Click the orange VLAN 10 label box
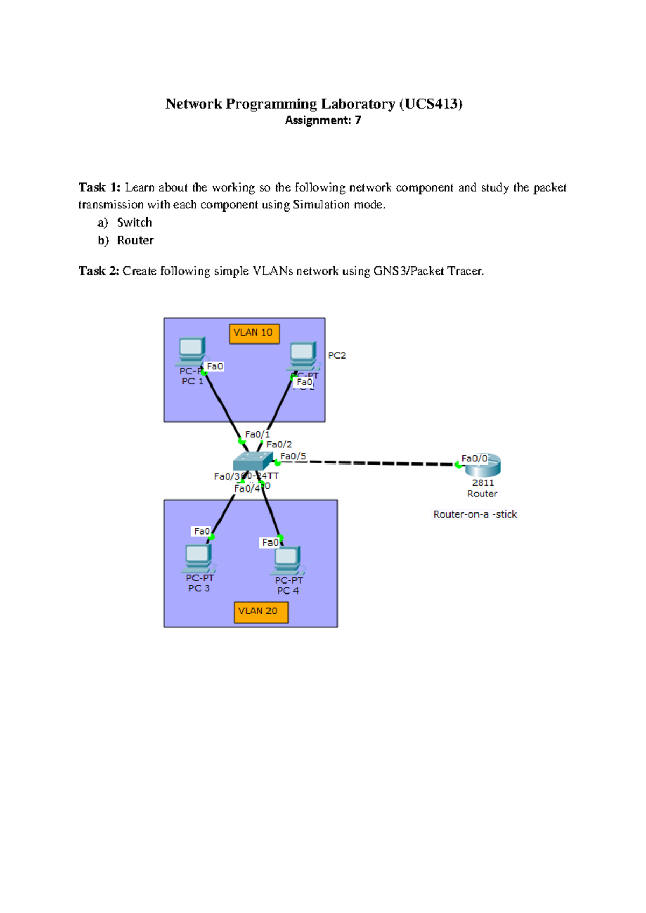point(254,333)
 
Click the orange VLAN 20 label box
point(261,612)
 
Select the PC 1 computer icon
point(191,350)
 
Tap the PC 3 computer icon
point(198,558)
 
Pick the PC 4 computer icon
point(287,560)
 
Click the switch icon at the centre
point(252,461)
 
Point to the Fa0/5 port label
point(293,456)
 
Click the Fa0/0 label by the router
point(474,459)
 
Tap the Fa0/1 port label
point(257,434)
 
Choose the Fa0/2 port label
point(279,445)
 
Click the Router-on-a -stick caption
point(475,515)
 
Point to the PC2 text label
point(337,356)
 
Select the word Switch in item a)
point(135,223)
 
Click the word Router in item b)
point(135,241)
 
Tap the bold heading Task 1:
point(100,187)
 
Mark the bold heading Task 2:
point(99,271)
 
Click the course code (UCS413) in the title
point(431,104)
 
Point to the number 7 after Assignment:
point(358,121)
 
